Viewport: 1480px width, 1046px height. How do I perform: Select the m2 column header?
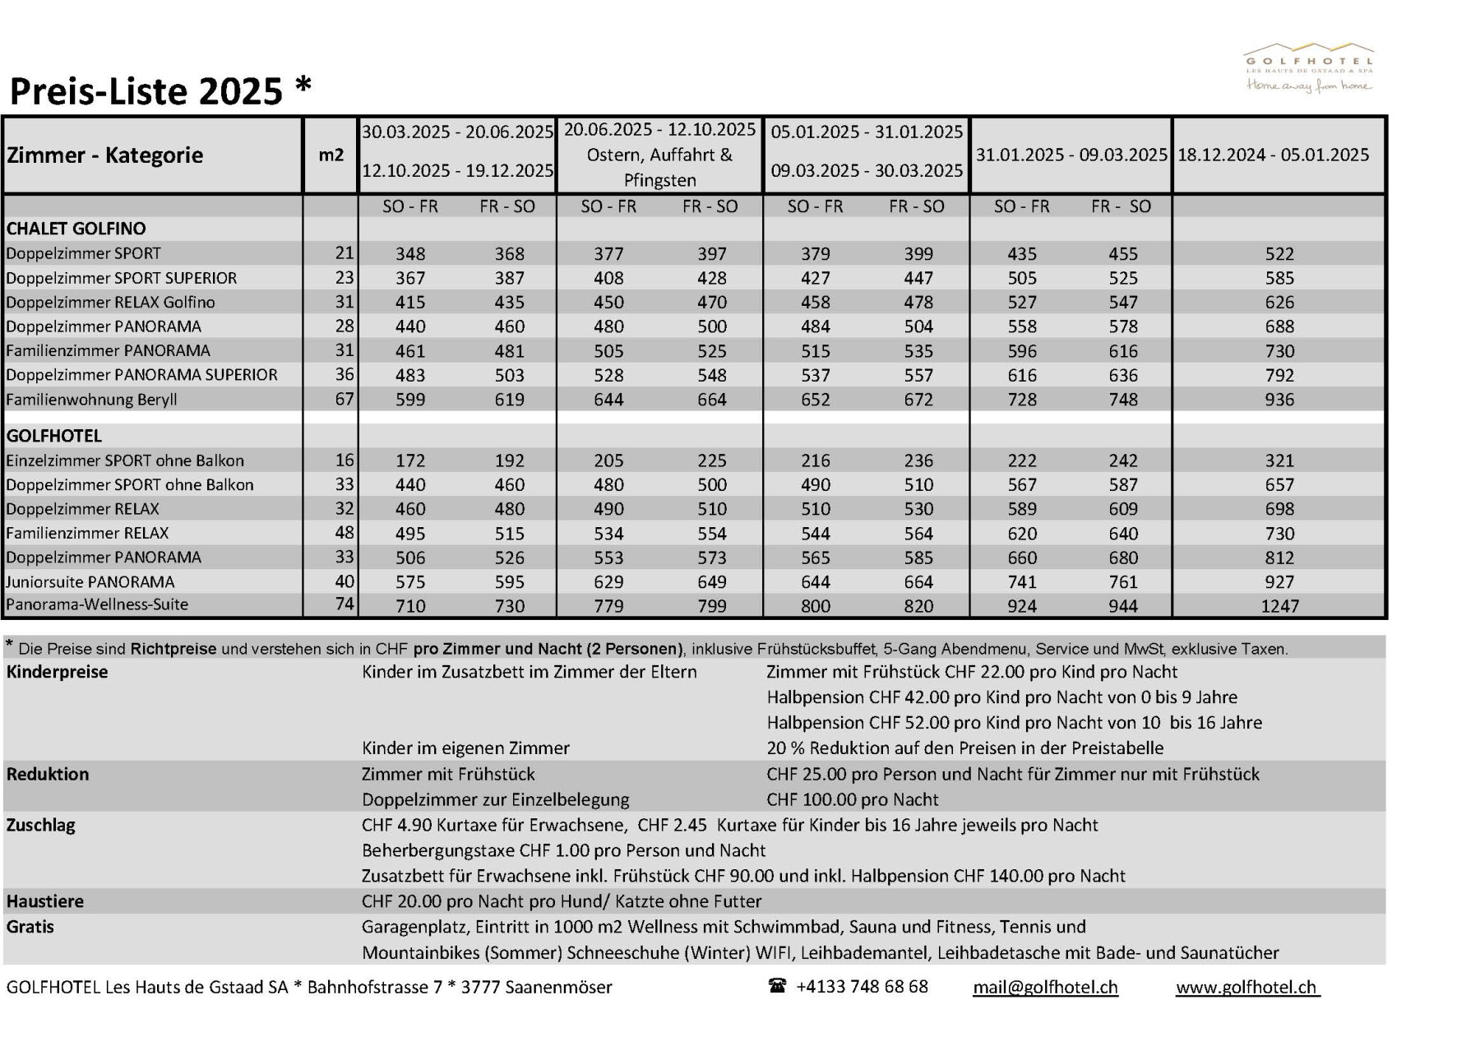(331, 155)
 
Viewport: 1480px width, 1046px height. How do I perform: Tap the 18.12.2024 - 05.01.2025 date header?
(1273, 155)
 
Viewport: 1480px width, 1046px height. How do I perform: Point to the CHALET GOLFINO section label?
(76, 229)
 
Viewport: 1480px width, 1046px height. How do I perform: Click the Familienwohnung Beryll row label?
(91, 400)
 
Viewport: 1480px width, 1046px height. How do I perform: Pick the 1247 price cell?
(1279, 606)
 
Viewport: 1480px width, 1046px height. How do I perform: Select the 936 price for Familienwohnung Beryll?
(1279, 400)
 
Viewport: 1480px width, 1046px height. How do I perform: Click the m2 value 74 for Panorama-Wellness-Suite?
(345, 604)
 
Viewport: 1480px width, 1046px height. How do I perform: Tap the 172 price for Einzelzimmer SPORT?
(410, 461)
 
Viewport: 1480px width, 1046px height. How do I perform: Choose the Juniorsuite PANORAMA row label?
(90, 582)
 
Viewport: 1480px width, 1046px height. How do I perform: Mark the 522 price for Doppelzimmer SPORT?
(1279, 254)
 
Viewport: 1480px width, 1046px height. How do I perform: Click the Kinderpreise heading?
(57, 672)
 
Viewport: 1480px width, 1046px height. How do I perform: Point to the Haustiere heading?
(45, 901)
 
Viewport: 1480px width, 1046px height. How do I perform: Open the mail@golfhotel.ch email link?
(1045, 987)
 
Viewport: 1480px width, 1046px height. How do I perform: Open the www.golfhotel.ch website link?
(1246, 987)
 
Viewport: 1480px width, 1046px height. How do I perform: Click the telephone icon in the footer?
(777, 986)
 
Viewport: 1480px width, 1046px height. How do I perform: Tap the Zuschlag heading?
(40, 825)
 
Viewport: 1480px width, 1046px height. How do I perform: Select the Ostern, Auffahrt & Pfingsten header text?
(659, 167)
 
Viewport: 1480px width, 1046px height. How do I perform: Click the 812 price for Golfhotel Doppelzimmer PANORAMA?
(1279, 558)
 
